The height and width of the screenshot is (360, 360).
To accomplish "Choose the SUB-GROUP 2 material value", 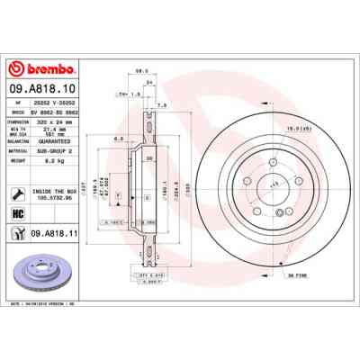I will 63,150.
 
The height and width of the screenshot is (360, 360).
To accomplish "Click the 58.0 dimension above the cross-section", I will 140,67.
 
